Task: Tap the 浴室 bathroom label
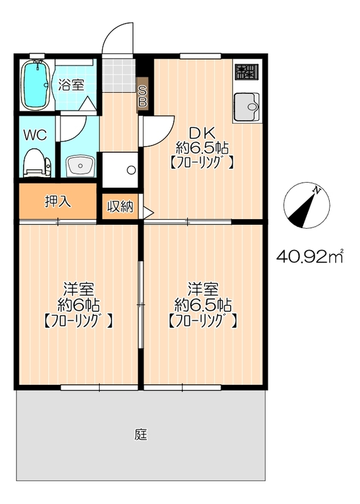(71, 85)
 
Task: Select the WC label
(35, 135)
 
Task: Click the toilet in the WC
(37, 163)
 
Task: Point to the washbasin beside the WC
(79, 166)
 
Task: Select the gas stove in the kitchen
(247, 72)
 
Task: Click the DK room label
(202, 132)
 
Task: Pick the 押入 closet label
(58, 202)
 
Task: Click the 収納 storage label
(120, 207)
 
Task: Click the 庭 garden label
(141, 434)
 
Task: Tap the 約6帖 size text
(79, 304)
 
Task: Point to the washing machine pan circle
(131, 170)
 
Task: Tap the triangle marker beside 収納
(148, 212)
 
